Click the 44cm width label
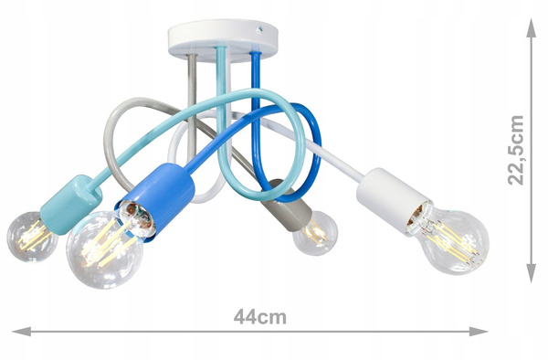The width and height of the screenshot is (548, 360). [259, 318]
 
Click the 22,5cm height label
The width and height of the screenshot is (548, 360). [517, 149]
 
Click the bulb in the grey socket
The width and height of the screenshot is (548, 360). [316, 232]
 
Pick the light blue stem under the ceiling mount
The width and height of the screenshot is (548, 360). [222, 69]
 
